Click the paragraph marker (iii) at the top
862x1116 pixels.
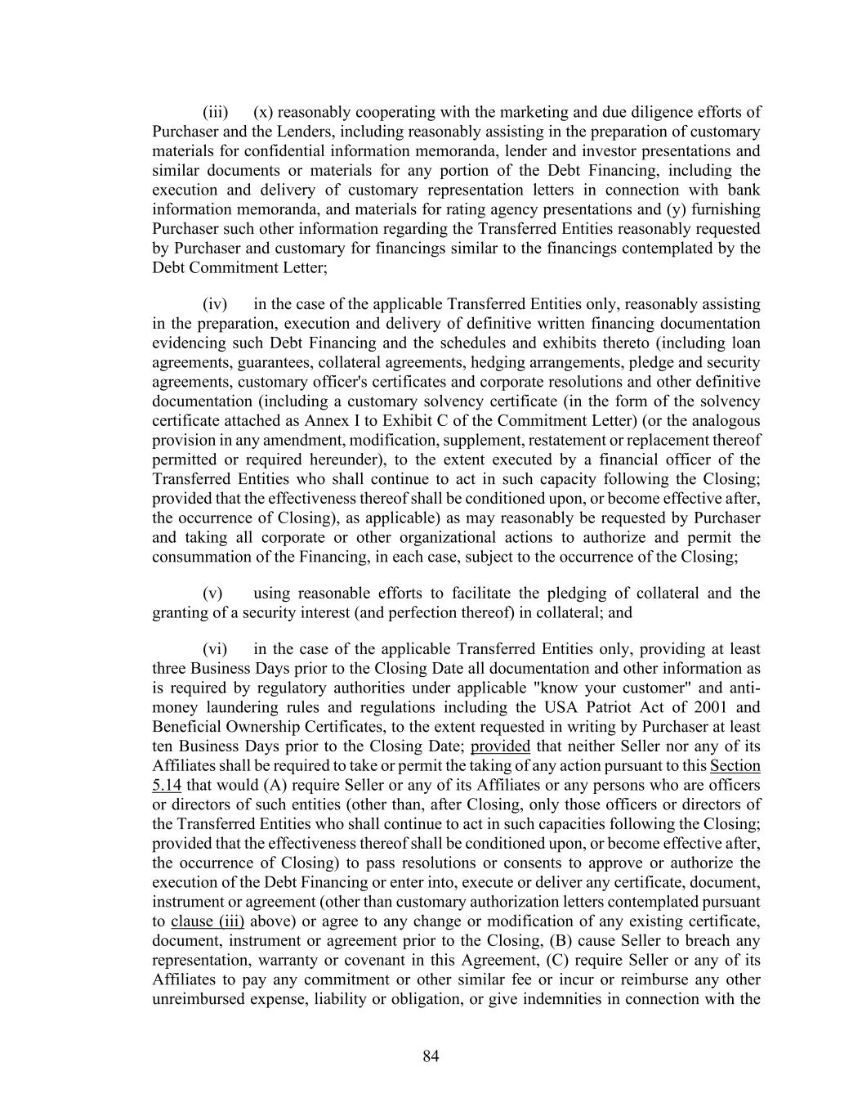215,112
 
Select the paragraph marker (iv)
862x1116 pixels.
215,304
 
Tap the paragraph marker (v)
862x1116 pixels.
212,594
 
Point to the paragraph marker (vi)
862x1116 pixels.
215,649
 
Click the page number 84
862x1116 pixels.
431,1057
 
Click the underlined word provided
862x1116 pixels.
501,746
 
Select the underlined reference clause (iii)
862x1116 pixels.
208,921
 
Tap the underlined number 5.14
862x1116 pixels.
167,786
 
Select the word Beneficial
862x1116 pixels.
185,727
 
